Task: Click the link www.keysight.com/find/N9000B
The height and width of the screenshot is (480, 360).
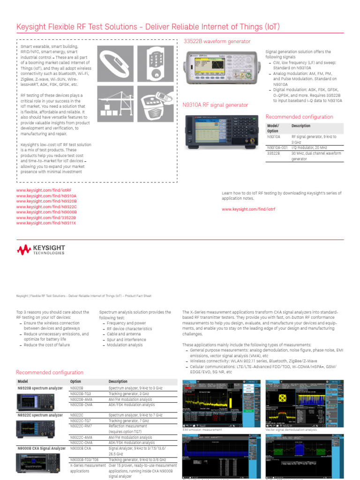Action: [x=46, y=212]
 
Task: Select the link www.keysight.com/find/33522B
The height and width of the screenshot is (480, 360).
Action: [x=46, y=217]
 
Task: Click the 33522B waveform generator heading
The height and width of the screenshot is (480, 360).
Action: [x=217, y=41]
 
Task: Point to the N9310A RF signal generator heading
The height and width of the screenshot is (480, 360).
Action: [x=215, y=105]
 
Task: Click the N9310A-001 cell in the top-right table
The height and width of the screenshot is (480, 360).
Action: [x=277, y=148]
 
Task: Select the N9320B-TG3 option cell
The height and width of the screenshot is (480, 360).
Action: [x=81, y=394]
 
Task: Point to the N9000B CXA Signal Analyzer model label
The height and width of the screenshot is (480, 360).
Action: [x=41, y=448]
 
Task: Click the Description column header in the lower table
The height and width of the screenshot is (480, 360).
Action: [x=118, y=382]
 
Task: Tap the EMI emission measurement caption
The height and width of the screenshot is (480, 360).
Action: [x=202, y=429]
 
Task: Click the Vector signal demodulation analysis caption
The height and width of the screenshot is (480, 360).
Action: [x=291, y=429]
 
